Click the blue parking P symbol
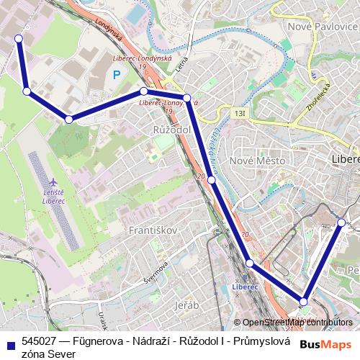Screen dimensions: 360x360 coord(116,74)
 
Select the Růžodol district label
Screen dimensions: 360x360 coord(171,129)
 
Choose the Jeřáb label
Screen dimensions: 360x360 coord(186,305)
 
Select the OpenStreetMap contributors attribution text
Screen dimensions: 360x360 coord(297,323)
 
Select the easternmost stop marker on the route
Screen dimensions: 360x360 coord(342,222)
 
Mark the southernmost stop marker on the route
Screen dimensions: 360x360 coord(304,302)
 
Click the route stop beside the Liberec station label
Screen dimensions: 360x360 coord(249,264)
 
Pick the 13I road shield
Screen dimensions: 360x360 coord(239,113)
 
